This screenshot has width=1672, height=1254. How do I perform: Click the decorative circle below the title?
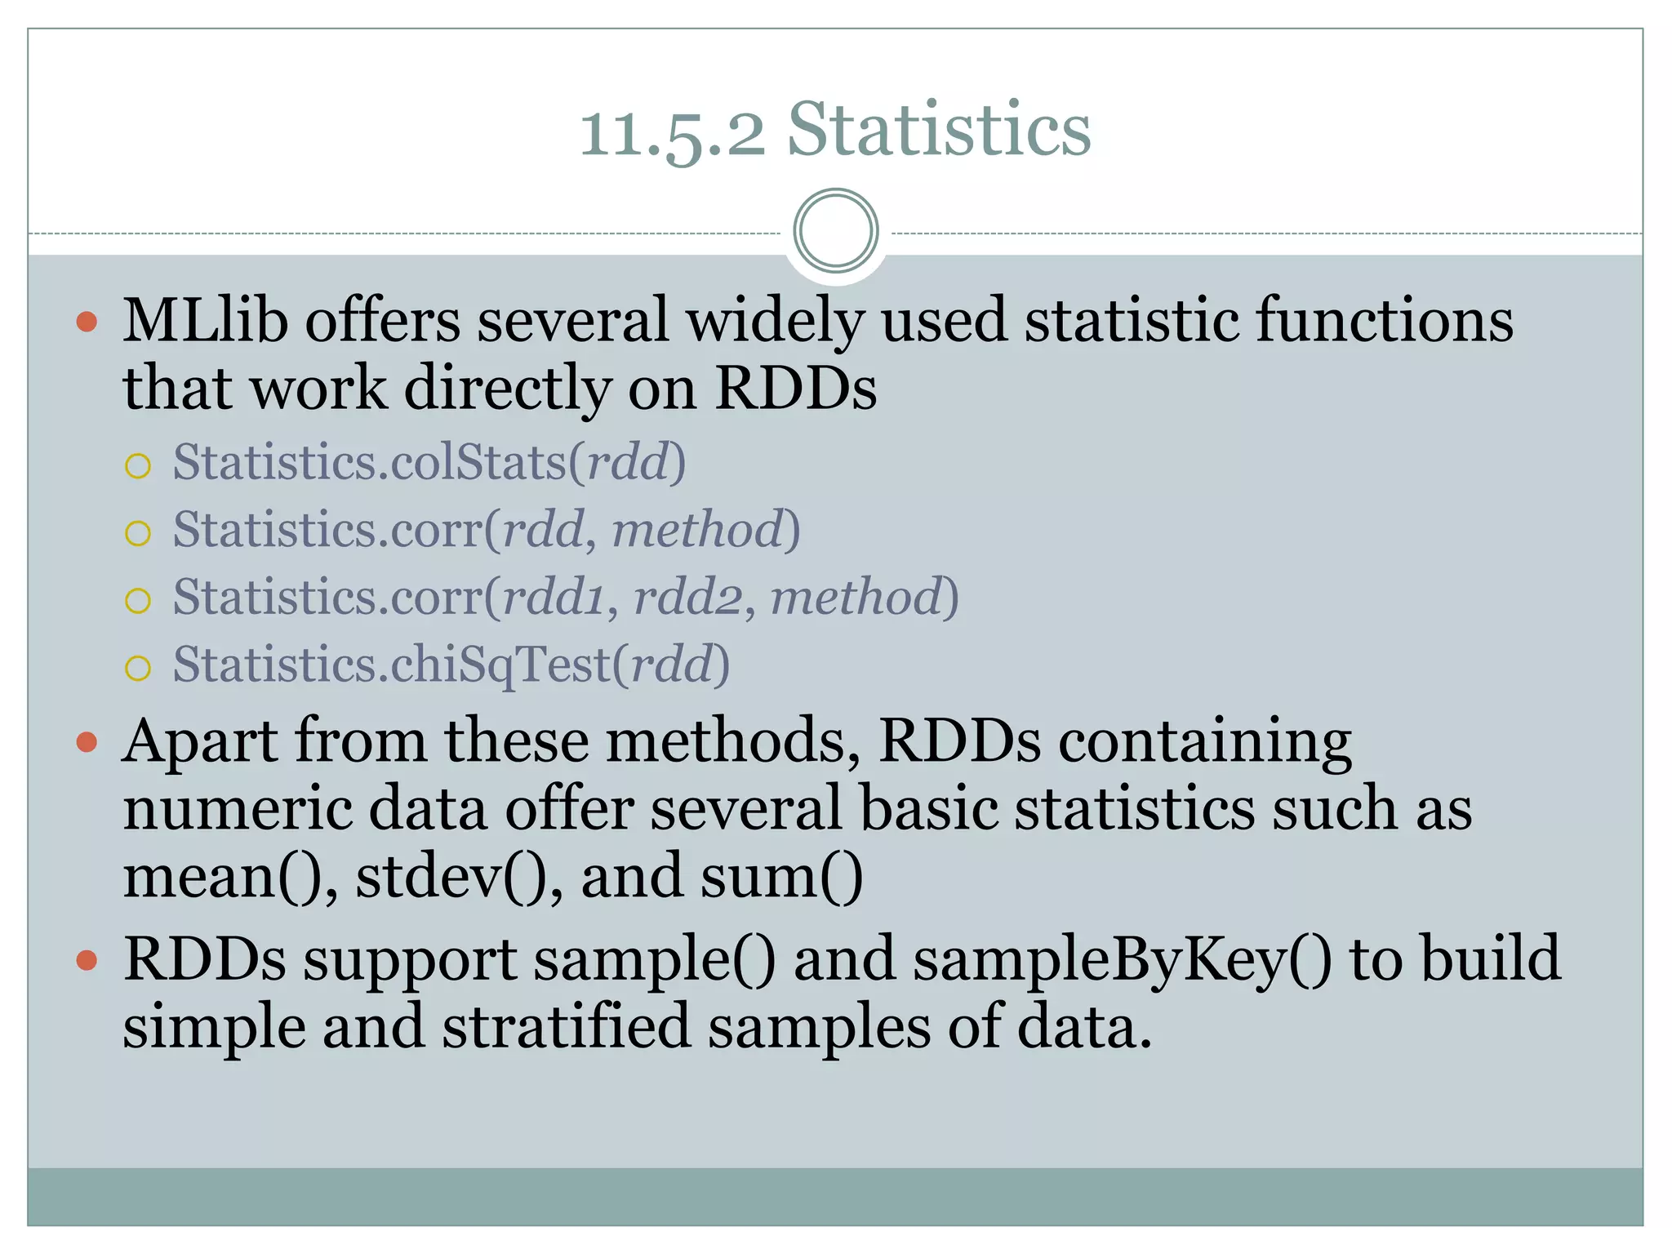[835, 230]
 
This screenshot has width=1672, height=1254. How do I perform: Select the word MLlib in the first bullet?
[206, 320]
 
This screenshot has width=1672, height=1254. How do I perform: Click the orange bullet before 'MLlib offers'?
[87, 321]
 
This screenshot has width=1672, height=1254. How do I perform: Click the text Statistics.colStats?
[369, 462]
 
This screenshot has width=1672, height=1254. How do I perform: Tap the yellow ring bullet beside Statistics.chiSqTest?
[138, 668]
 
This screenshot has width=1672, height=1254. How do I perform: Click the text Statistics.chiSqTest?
[392, 665]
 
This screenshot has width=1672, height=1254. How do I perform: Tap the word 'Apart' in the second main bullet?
[201, 741]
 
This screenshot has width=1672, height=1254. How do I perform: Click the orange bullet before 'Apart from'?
[87, 742]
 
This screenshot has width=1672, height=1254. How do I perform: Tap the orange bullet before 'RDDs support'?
[87, 960]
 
